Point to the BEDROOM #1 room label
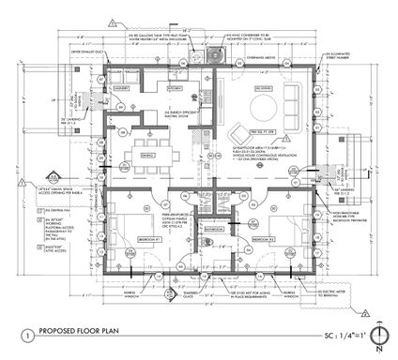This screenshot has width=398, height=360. [x=127, y=239]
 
